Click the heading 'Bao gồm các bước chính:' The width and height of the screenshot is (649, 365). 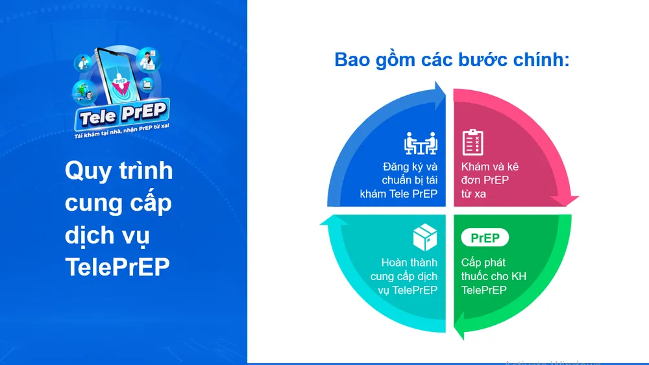452,60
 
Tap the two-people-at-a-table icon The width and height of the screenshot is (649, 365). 420,143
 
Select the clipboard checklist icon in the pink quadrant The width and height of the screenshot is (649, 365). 472,143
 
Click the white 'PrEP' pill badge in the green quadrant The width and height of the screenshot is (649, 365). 485,238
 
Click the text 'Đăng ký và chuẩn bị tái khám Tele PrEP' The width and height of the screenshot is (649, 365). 399,180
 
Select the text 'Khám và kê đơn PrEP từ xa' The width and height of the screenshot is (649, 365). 490,180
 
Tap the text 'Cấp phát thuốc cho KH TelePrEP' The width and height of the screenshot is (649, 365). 493,276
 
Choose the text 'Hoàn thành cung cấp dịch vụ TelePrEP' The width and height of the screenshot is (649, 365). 404,276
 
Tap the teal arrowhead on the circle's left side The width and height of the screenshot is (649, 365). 326,222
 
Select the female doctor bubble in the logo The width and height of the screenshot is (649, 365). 149,59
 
